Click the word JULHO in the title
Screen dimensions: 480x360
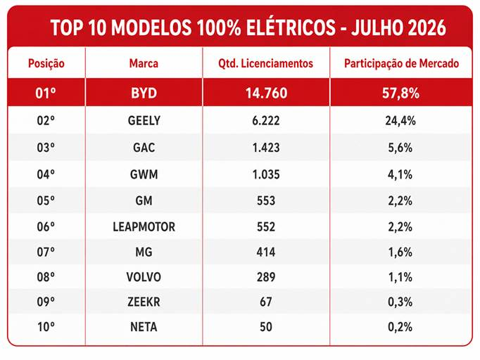point(374,27)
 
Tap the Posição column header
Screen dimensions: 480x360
point(46,63)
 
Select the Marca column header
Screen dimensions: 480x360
point(144,63)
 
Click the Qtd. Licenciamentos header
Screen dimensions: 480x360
point(266,63)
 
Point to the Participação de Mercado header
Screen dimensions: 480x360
point(401,63)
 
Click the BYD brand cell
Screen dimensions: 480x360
point(144,94)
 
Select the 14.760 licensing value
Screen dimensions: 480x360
point(266,94)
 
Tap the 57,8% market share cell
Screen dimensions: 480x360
point(400,94)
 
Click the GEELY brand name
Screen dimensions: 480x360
point(144,120)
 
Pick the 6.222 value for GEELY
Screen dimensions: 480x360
point(266,120)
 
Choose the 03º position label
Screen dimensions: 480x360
point(46,148)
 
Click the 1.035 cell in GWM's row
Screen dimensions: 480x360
point(266,174)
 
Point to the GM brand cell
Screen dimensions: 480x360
point(144,200)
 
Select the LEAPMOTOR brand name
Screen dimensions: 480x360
point(144,226)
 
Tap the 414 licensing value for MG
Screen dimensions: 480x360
point(266,252)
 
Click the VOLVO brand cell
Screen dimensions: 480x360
point(144,277)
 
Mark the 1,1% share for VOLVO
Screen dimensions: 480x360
point(400,277)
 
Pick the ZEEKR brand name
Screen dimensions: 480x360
point(144,302)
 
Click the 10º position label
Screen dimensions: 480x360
point(46,327)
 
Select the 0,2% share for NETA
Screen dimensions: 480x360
point(400,327)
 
